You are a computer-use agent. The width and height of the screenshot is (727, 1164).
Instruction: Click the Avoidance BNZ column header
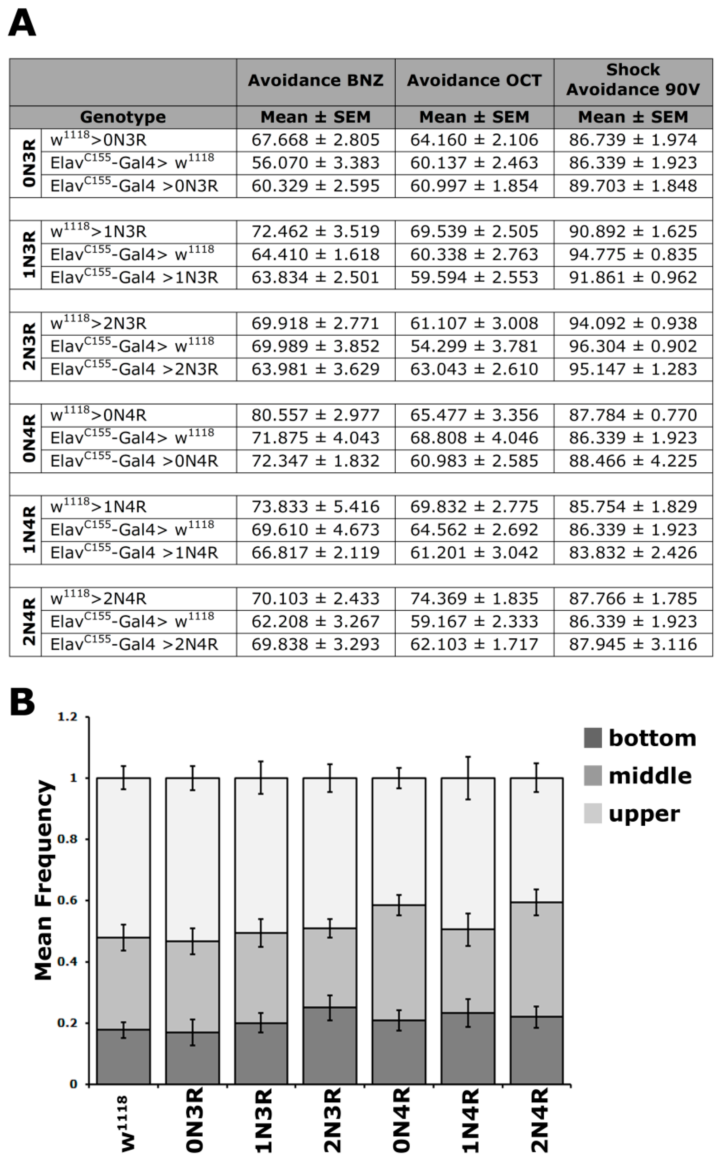coord(316,81)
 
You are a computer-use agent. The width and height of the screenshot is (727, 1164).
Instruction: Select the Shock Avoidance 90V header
coord(633,80)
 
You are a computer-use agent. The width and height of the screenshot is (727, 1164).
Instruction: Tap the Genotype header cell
coord(123,117)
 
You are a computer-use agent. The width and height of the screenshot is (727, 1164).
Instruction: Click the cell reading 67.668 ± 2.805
coord(316,140)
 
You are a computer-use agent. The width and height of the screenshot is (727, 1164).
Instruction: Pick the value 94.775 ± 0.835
coord(633,254)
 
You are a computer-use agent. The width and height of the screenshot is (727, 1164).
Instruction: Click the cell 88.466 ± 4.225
coord(633,461)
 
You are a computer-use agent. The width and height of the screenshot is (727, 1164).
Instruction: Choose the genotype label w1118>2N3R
coord(99,323)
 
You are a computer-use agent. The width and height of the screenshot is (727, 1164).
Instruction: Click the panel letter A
coord(22,24)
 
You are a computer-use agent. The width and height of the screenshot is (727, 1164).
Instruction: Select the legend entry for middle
coord(649,776)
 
